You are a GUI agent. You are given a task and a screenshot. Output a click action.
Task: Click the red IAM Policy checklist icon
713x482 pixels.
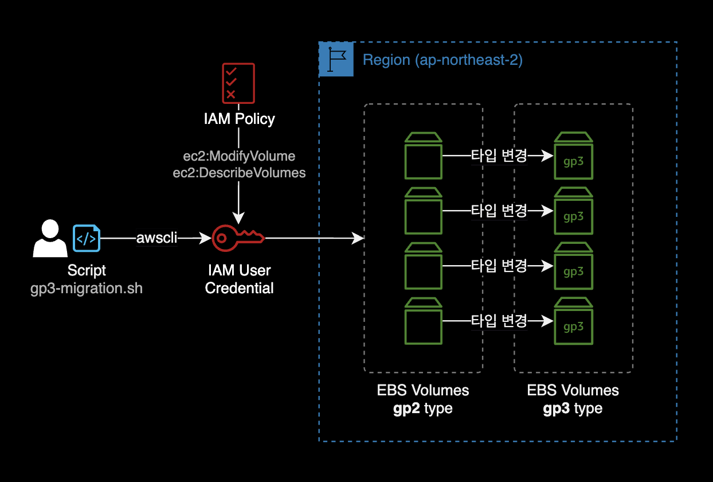click(238, 83)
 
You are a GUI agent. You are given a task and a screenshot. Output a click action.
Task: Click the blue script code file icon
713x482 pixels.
click(87, 238)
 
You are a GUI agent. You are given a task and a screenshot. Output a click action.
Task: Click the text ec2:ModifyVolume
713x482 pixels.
click(239, 156)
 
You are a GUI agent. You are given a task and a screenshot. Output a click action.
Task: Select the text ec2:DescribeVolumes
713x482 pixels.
click(239, 172)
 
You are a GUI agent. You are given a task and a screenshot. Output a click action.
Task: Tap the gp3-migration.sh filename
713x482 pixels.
click(87, 288)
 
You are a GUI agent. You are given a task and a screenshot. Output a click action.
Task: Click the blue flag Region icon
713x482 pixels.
click(336, 59)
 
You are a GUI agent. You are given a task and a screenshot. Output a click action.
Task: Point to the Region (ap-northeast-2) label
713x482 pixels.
click(442, 60)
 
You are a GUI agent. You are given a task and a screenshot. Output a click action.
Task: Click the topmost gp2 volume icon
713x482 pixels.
click(423, 156)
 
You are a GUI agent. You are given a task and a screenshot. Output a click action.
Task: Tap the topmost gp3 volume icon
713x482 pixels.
click(573, 156)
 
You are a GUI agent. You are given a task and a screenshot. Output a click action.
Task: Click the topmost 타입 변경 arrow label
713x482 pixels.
click(499, 156)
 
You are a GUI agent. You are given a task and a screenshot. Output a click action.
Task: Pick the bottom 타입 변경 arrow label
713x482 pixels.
click(499, 321)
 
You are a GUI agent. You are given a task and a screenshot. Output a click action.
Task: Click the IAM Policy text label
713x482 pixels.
click(239, 119)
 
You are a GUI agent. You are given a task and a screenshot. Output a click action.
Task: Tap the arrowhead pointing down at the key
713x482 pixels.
click(238, 218)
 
